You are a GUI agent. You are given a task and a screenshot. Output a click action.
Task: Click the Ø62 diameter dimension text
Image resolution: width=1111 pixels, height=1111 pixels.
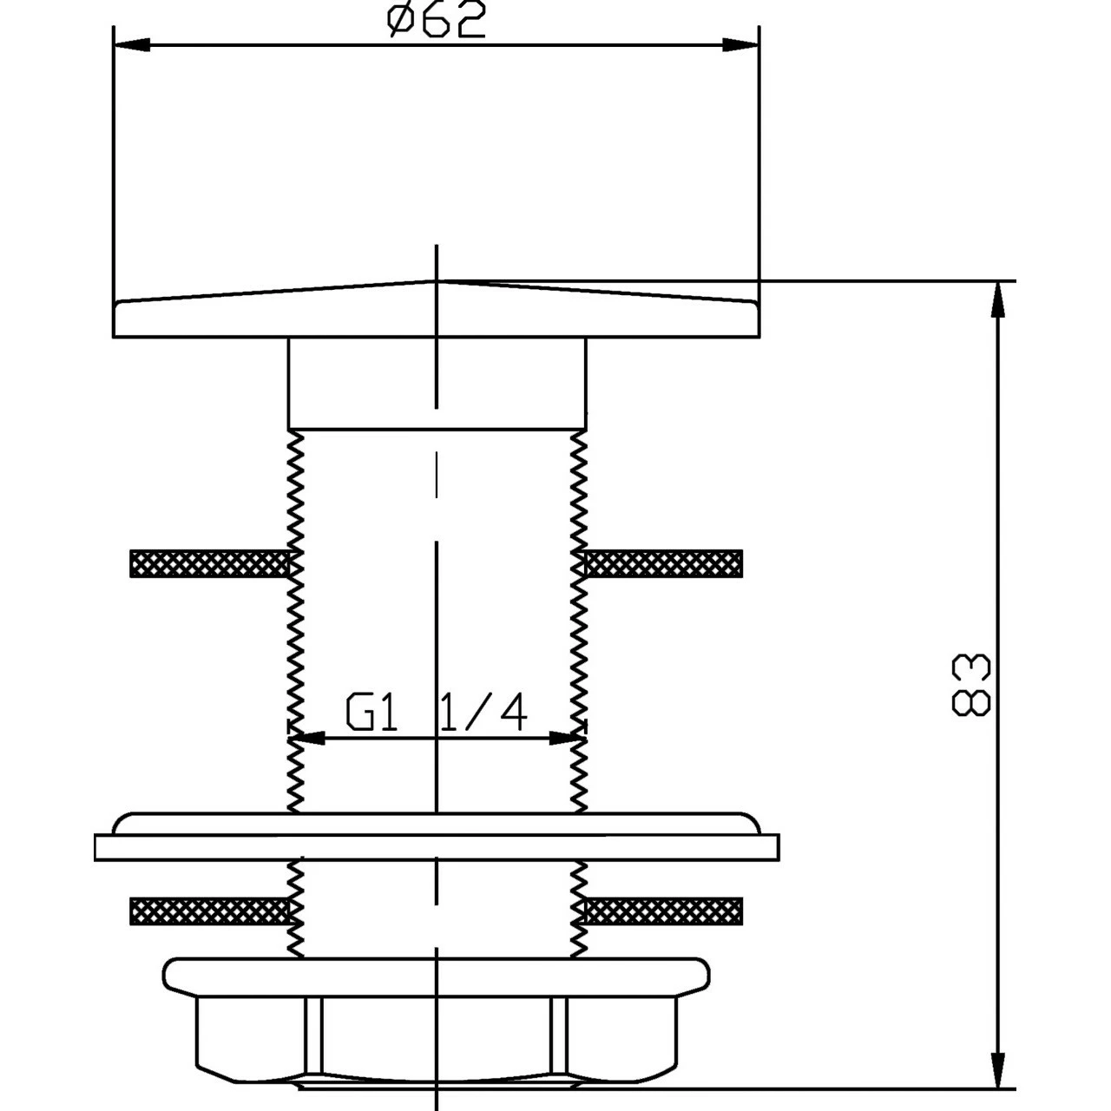(436, 21)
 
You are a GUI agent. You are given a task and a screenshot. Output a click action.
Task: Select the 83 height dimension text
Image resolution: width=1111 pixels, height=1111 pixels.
(970, 685)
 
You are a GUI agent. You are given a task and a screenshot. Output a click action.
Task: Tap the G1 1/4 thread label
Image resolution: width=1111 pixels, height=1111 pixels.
(436, 713)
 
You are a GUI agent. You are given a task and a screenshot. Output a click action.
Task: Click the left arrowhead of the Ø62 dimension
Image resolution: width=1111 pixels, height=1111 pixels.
(132, 45)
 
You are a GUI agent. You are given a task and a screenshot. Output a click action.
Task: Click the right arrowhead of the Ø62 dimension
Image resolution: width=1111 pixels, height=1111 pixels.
(740, 45)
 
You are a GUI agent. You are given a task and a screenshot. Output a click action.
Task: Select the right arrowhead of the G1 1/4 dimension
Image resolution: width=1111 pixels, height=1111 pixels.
(566, 739)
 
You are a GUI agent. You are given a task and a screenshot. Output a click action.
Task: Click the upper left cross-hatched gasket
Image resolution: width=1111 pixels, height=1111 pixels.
(208, 563)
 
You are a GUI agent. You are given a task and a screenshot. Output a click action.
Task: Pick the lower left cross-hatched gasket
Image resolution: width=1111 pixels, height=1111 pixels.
(208, 910)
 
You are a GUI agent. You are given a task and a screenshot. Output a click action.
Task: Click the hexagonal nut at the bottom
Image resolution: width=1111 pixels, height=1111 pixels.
(436, 1037)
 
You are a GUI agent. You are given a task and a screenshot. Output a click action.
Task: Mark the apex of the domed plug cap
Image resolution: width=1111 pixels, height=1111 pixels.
(436, 281)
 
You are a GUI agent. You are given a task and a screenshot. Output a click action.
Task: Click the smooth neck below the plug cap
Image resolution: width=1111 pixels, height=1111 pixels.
(436, 383)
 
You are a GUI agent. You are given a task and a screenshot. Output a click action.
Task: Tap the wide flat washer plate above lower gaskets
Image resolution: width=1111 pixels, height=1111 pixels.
(436, 846)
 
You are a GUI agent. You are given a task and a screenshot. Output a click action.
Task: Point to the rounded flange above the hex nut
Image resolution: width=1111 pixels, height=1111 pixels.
(436, 976)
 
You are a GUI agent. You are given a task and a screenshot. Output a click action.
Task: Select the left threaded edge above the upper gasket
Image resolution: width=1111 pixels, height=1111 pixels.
(296, 490)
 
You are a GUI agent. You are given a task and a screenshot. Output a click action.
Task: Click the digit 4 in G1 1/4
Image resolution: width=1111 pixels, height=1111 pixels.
(510, 713)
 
